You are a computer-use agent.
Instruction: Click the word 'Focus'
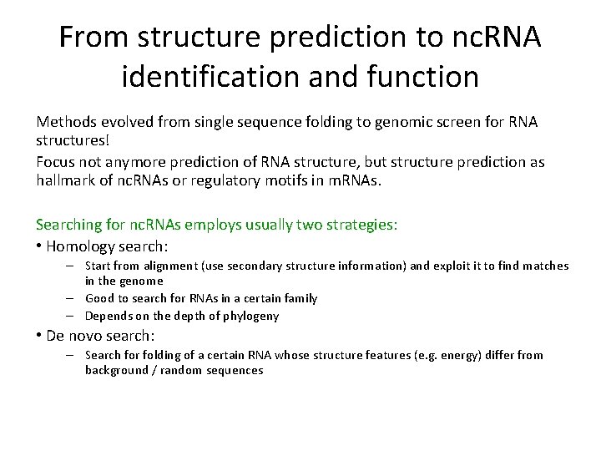pos(54,162)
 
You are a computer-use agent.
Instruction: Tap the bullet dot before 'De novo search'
pos(39,335)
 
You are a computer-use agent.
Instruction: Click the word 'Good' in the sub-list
pos(99,298)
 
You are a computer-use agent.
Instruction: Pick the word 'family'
pos(298,298)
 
